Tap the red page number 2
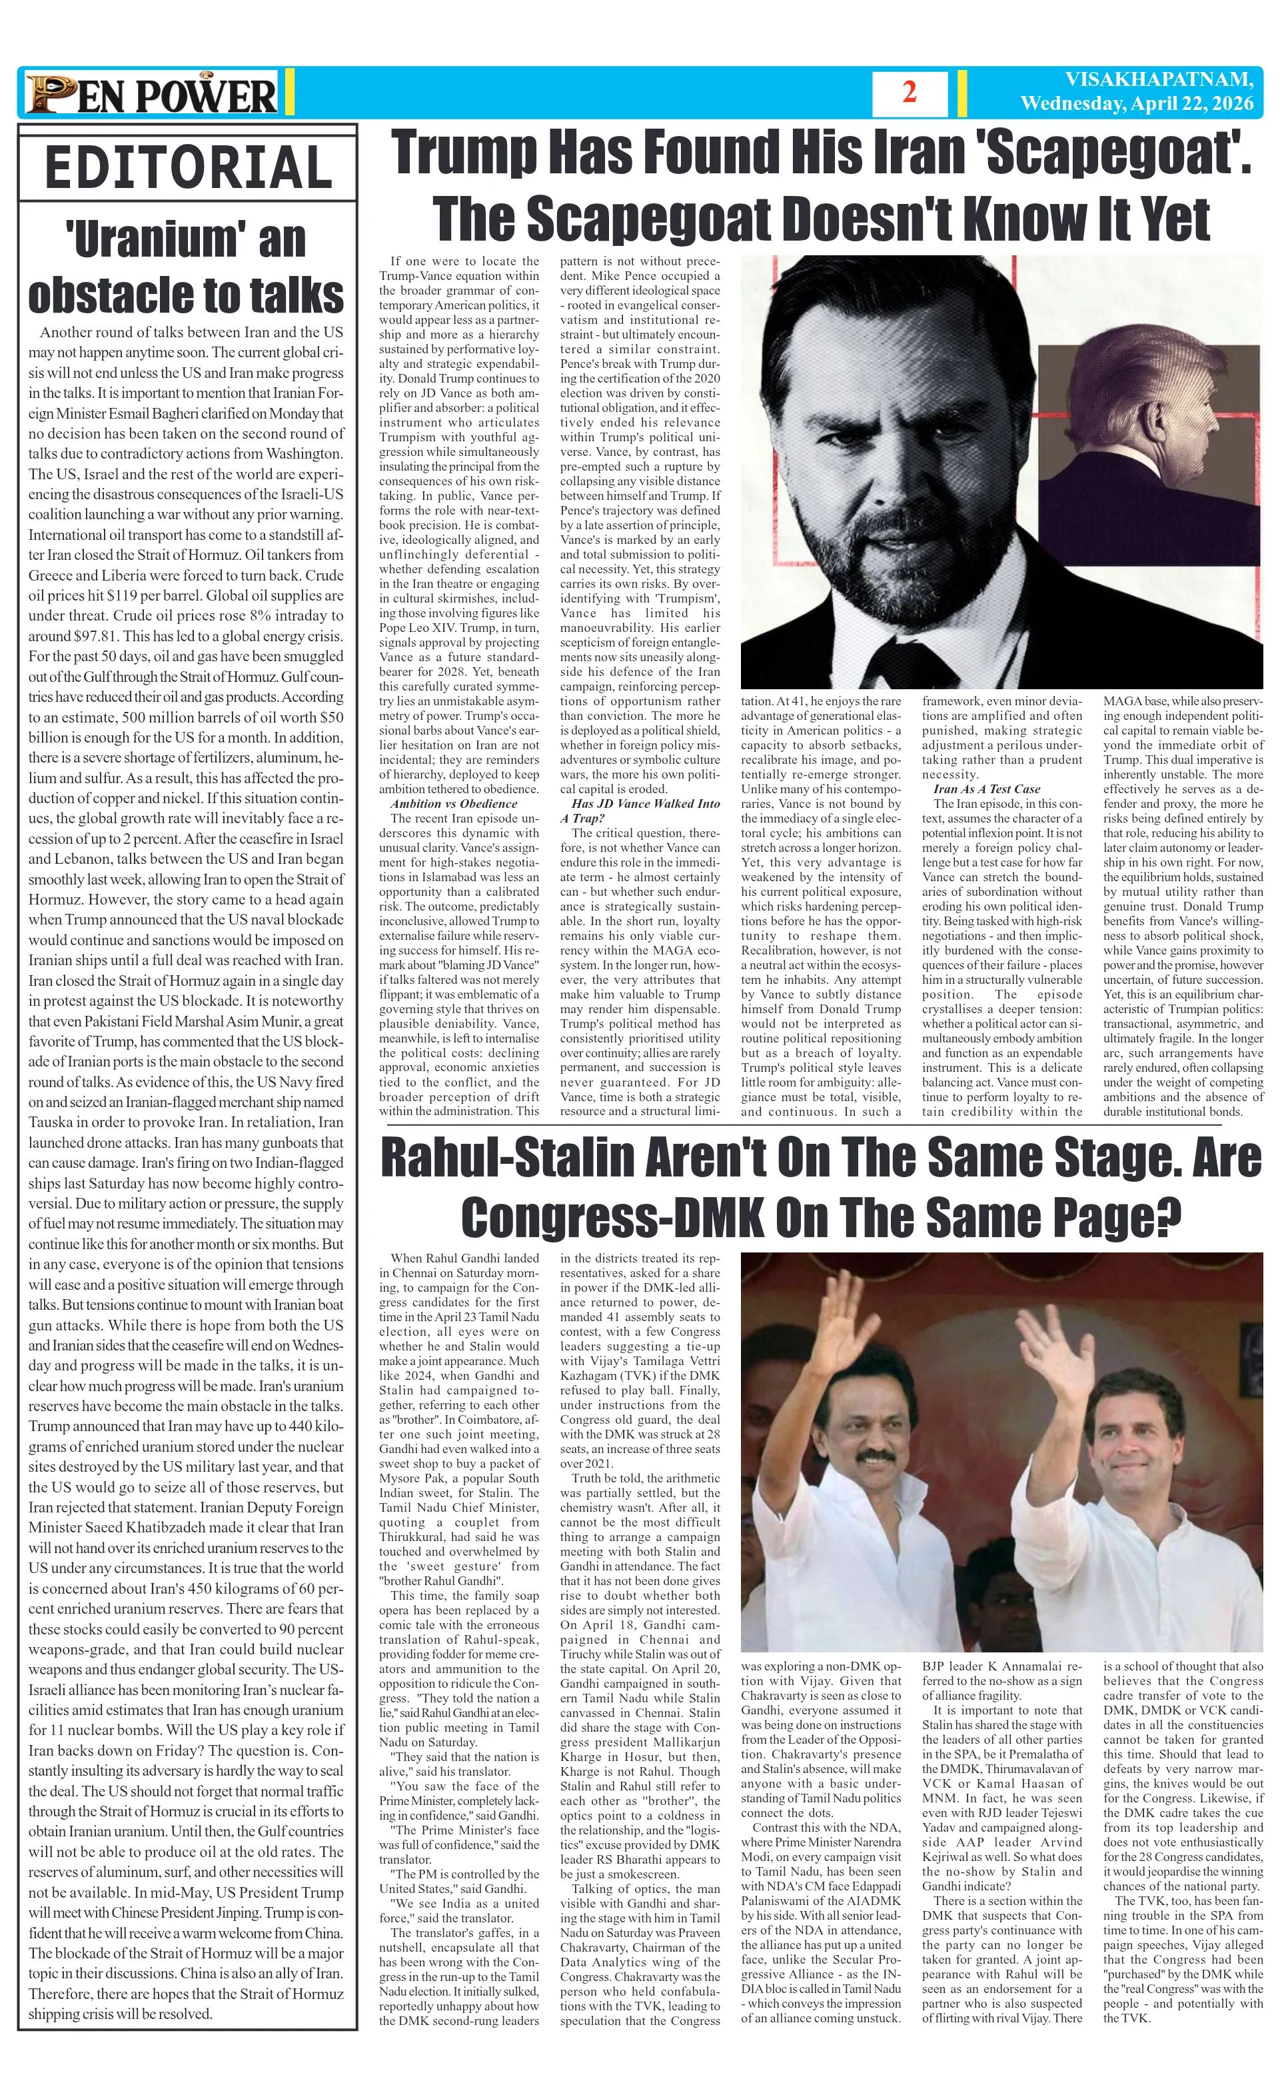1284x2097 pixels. coord(909,93)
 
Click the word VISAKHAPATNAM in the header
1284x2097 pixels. coord(1158,80)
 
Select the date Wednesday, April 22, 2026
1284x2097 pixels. coord(1137,104)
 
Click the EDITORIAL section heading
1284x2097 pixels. coord(187,168)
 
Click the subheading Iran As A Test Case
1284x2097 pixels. coord(986,789)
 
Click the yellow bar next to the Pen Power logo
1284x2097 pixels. coord(289,93)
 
